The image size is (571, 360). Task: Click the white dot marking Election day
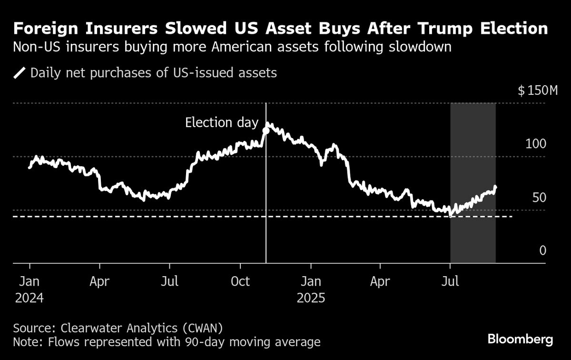(266, 130)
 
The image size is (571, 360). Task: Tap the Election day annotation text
(221, 122)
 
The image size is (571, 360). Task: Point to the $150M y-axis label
(538, 90)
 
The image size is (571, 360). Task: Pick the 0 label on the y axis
(542, 251)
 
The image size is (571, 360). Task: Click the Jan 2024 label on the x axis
(30, 290)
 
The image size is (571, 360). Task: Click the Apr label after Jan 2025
(380, 281)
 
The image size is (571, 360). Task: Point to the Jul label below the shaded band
(450, 281)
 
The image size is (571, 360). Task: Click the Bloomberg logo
(520, 339)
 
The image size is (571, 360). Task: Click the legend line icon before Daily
(20, 73)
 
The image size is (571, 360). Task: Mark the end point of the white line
(495, 187)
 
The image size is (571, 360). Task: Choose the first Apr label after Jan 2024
(99, 281)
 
